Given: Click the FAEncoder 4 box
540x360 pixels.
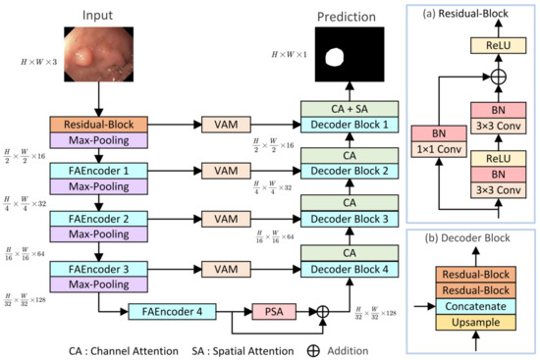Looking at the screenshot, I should (x=171, y=313).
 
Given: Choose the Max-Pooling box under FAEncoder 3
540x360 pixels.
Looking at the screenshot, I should (x=99, y=283).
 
